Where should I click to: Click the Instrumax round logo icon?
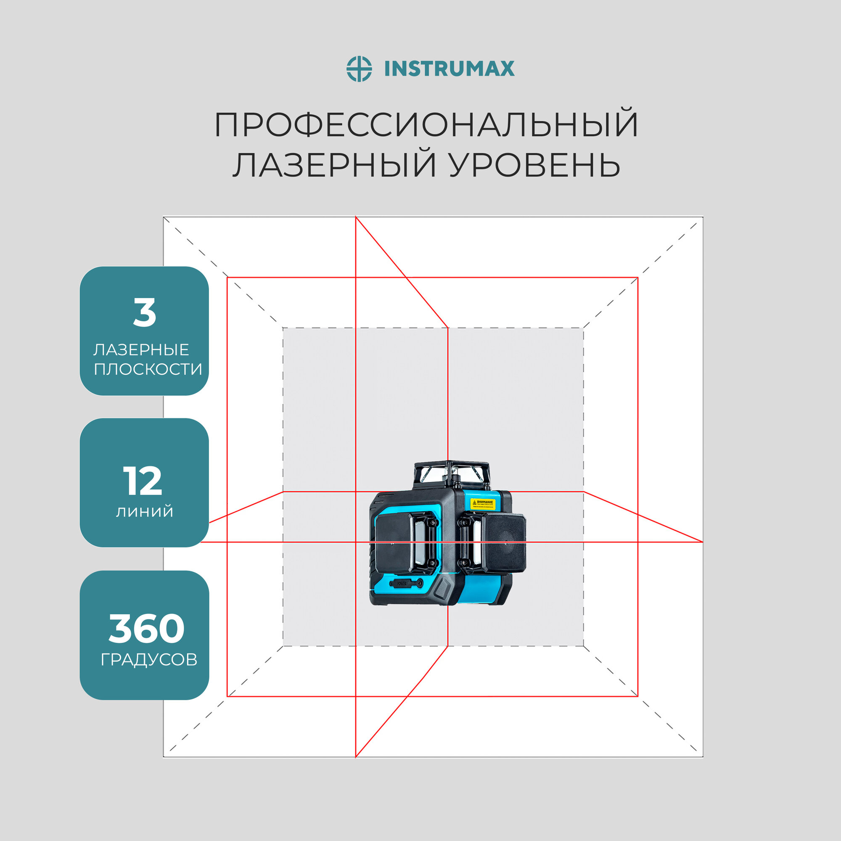359,69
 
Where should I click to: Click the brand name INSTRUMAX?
449,69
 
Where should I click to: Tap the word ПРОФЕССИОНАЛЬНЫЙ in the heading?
426,125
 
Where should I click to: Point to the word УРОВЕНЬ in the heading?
534,165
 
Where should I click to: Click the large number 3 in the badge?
145,313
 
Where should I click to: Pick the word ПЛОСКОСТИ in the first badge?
148,369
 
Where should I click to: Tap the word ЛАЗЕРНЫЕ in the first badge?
141,349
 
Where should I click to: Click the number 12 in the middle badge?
143,481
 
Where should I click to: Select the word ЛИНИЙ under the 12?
145,511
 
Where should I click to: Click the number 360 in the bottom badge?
146,628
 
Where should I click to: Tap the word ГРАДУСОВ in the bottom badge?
149,659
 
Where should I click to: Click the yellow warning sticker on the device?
483,504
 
